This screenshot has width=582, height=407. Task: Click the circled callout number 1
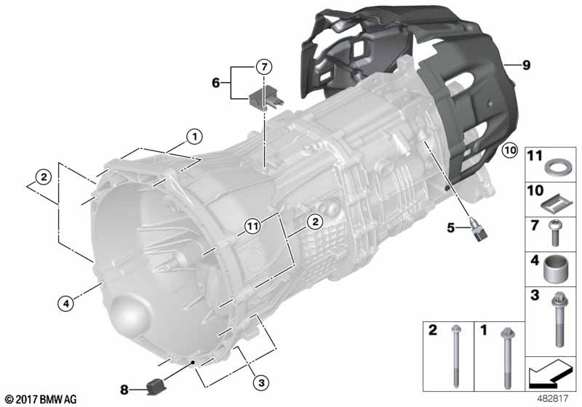(x=194, y=137)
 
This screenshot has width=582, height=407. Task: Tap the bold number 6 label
(x=215, y=83)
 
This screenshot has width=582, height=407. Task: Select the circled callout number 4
(x=65, y=304)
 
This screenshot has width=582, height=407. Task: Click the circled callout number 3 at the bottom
(x=261, y=382)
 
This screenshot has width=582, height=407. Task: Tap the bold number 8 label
(x=124, y=390)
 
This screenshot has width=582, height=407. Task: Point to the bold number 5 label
(x=450, y=227)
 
